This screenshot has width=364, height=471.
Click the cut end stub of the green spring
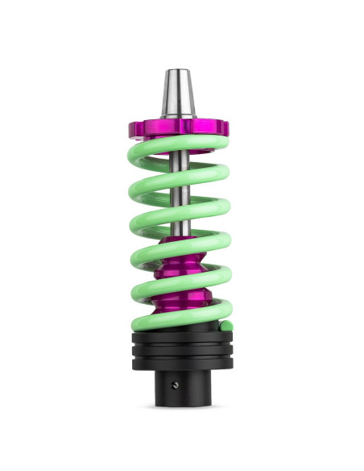point(227,327)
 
